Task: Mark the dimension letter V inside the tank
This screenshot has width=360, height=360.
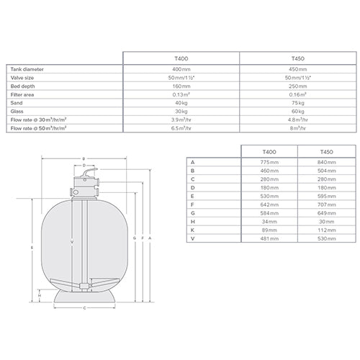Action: tap(72, 243)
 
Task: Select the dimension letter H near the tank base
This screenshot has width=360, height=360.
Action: tap(40, 295)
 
